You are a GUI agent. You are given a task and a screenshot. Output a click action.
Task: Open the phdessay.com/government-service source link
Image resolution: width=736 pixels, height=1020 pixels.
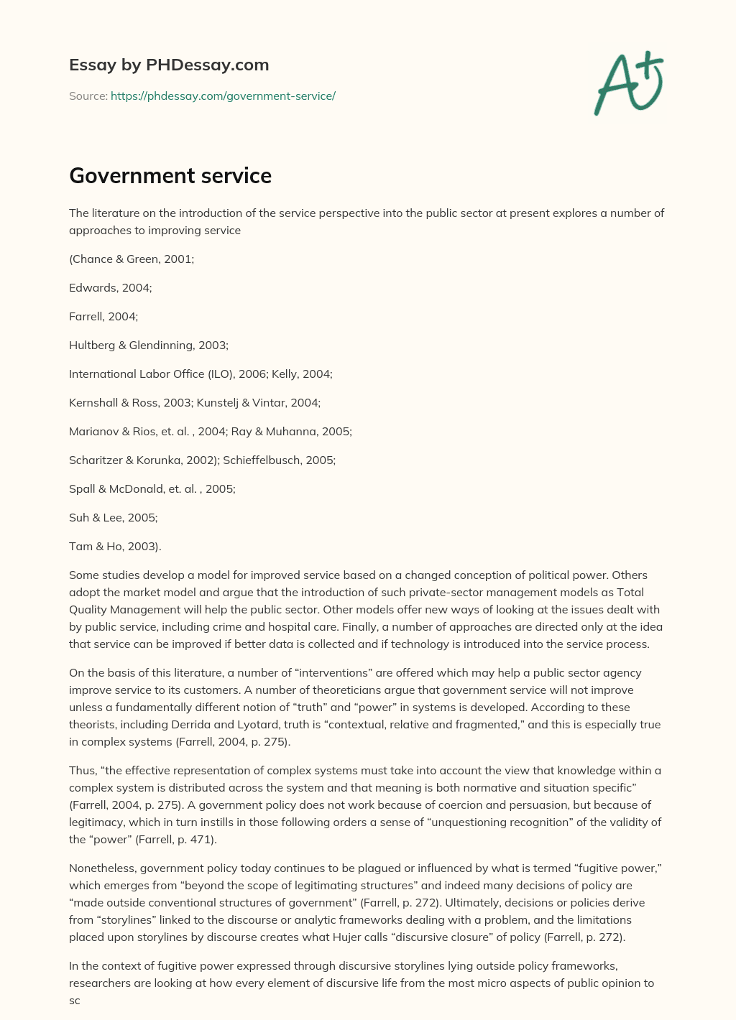click(223, 96)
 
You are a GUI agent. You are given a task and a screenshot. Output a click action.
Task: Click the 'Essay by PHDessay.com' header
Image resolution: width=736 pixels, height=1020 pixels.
click(169, 65)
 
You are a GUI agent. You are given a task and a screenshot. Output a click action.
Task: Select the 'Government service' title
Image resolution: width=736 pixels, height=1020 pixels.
click(170, 175)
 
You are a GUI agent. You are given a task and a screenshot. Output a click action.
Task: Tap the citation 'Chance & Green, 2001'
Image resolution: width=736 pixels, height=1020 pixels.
click(132, 259)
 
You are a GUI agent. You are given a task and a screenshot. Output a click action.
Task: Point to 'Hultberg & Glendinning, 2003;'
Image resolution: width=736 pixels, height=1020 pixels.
click(149, 345)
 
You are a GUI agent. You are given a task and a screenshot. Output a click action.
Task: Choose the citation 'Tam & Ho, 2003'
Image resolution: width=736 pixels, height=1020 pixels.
click(114, 546)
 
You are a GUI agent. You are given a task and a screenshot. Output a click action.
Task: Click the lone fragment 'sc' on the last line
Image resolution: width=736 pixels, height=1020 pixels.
click(75, 1000)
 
